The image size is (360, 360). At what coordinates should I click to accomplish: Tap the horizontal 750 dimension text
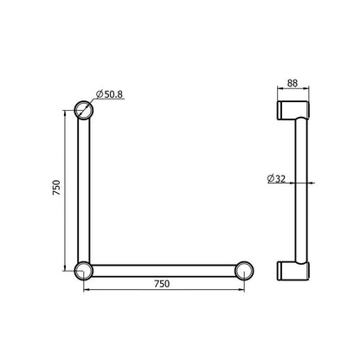(162, 284)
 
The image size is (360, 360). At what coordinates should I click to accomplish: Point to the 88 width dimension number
(292, 84)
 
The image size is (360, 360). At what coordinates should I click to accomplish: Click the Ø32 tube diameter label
(279, 179)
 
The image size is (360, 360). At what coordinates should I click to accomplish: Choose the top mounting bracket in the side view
(292, 110)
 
